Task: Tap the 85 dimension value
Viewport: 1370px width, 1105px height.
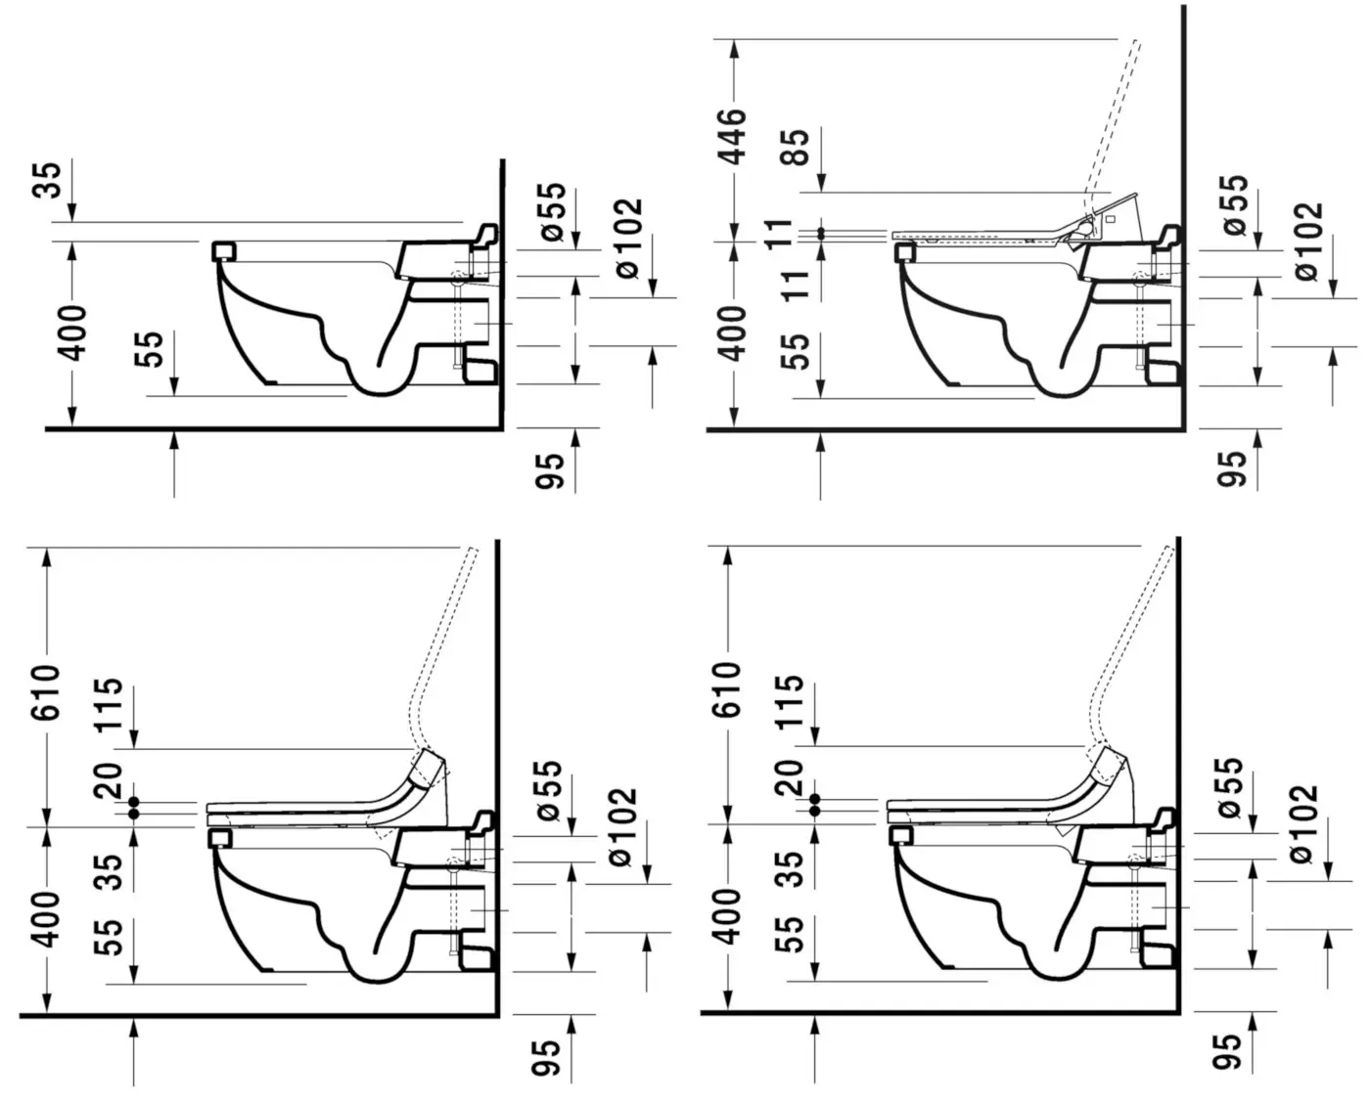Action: click(x=795, y=148)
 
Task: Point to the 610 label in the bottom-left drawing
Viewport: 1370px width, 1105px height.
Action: click(x=47, y=691)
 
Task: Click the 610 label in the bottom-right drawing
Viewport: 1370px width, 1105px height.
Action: click(x=727, y=688)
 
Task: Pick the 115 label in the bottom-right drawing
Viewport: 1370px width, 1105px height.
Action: click(x=790, y=701)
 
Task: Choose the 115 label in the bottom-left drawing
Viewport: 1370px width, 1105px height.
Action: click(x=109, y=704)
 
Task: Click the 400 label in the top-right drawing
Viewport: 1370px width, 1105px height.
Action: click(x=733, y=333)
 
